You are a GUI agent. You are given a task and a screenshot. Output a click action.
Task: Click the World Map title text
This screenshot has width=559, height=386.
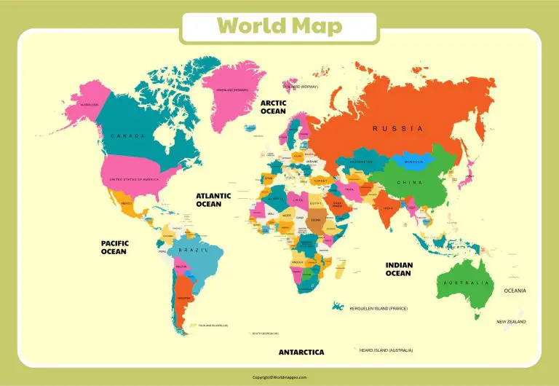[x=279, y=26]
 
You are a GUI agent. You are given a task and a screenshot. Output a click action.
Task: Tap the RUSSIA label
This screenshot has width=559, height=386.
[x=397, y=128]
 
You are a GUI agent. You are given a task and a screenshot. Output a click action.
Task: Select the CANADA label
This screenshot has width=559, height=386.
[x=128, y=136]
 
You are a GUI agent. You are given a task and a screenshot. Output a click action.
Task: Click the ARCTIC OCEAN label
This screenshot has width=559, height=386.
[x=274, y=107]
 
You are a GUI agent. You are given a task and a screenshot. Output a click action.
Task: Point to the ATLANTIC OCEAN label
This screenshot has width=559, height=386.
[x=213, y=200]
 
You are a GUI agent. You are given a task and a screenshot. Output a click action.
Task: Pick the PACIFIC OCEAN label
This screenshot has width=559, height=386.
[x=114, y=247]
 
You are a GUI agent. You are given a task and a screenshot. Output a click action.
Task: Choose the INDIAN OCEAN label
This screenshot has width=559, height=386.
[x=398, y=269]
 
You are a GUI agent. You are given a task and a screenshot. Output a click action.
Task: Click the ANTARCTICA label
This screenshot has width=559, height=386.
[x=301, y=352]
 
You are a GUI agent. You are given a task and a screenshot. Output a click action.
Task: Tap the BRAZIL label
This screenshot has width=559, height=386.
[x=194, y=250]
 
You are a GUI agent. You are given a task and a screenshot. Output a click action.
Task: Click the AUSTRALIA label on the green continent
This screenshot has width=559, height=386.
[x=467, y=283]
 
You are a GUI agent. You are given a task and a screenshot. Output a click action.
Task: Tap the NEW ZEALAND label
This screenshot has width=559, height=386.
[x=511, y=321]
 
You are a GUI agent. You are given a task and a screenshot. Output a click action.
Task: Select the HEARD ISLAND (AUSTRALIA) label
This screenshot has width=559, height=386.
[x=389, y=350]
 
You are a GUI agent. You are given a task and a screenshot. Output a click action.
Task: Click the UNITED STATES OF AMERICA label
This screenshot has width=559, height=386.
[x=133, y=179]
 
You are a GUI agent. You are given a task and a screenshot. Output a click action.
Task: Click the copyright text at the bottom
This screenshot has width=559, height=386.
[x=279, y=377]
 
